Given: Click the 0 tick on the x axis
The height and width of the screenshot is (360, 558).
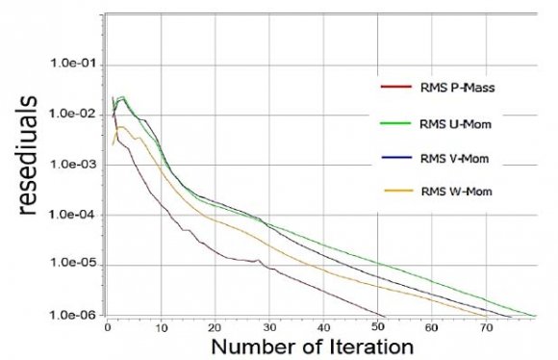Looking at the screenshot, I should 109,327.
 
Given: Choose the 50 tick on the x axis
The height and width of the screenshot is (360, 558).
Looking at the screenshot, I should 383,327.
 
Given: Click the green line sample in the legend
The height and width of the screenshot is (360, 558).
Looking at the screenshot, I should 393,125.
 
